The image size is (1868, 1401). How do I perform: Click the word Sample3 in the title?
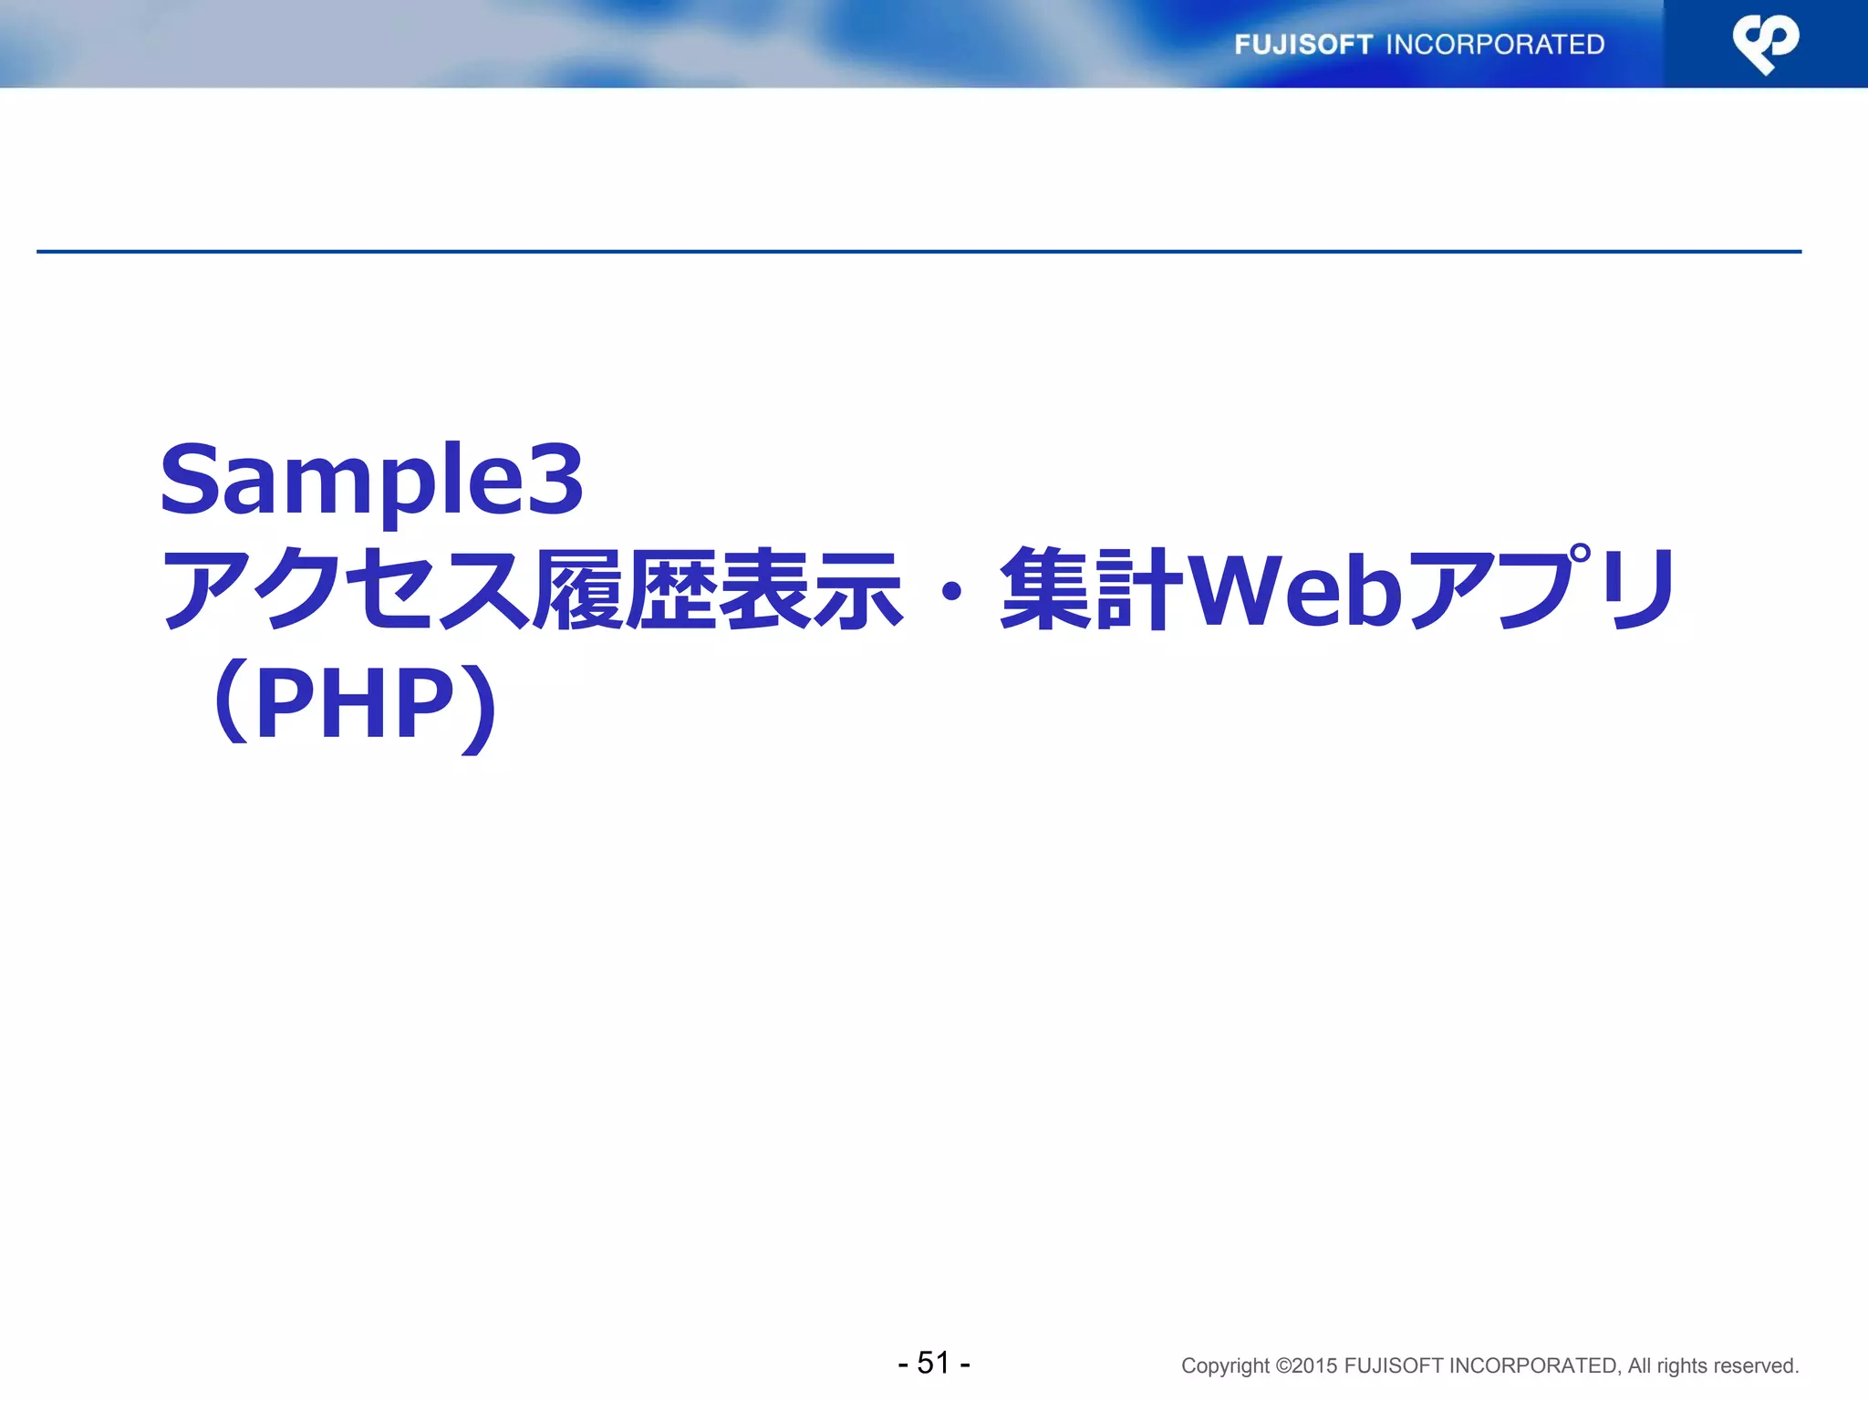[371, 480]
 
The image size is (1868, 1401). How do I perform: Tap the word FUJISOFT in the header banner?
[1303, 45]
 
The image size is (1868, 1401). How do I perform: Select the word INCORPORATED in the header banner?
[1495, 45]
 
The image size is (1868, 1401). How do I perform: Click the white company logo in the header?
[1766, 44]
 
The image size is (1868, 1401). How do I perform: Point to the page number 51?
[934, 1363]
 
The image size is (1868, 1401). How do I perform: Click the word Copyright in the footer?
[1225, 1366]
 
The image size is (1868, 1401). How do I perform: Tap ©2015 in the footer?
[1306, 1366]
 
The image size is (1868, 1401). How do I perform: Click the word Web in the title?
[1296, 591]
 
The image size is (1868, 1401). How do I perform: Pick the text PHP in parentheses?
[355, 703]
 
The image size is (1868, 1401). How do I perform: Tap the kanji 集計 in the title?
[1092, 591]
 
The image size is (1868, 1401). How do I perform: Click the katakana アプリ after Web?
[1542, 591]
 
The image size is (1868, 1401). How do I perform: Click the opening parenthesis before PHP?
[232, 703]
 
